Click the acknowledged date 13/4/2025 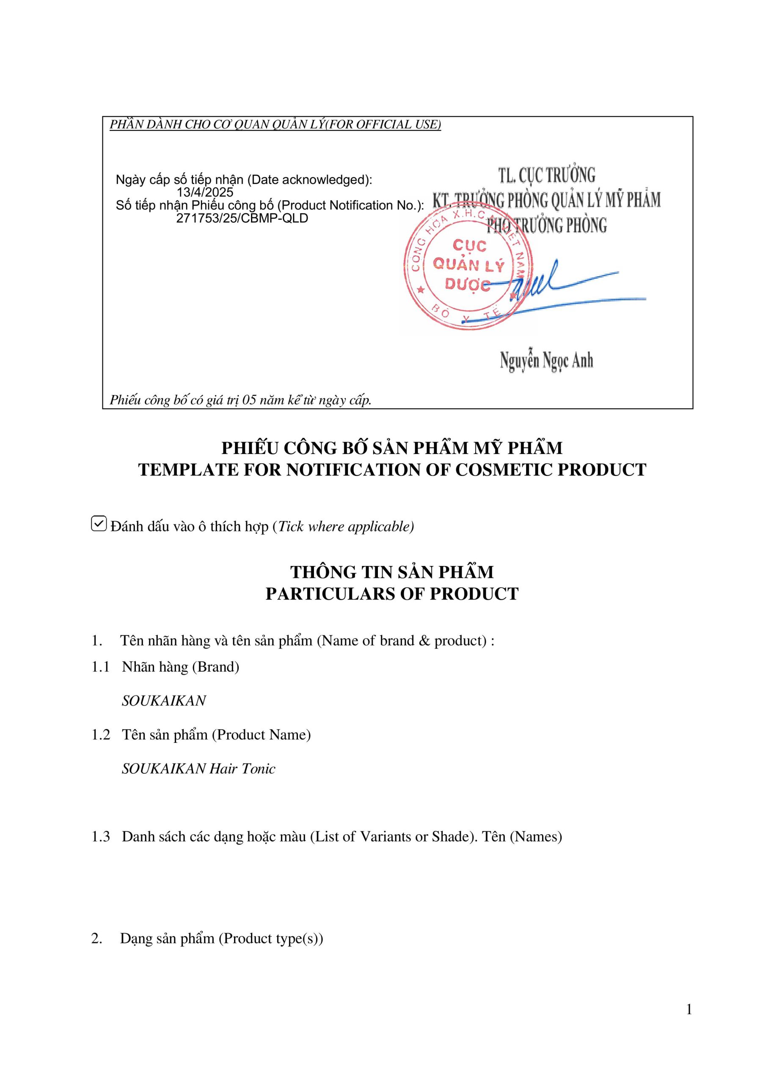coord(205,192)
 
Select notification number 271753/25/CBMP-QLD coord(242,218)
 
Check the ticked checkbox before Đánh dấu coord(99,524)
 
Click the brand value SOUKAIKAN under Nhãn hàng coord(164,701)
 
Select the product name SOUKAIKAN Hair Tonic coord(198,769)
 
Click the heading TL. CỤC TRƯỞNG coord(546,176)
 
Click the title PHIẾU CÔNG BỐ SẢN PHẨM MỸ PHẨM coord(392,448)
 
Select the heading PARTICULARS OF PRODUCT coord(392,594)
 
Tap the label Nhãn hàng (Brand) coord(180,667)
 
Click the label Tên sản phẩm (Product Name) coord(216,735)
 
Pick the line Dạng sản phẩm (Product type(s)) coord(221,939)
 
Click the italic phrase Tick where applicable coord(345,526)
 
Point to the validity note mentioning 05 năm coord(240,400)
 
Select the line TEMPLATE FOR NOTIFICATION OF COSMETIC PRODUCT coord(392,470)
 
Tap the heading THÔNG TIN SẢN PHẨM coord(392,572)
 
